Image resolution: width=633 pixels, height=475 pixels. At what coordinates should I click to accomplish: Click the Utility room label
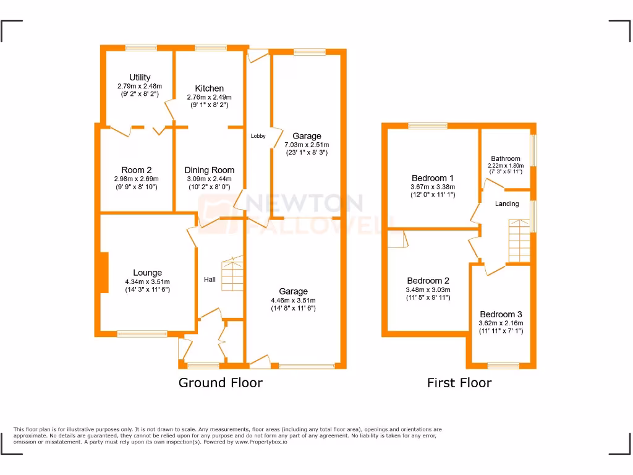click(x=139, y=77)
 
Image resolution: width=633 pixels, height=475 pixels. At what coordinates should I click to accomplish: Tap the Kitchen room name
click(x=209, y=88)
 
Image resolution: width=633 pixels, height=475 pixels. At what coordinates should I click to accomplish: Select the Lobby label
click(x=258, y=136)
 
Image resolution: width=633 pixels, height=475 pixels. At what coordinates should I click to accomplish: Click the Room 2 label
click(x=137, y=170)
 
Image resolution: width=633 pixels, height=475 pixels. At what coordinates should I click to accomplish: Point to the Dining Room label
click(x=210, y=170)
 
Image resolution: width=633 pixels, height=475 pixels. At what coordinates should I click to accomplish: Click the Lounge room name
click(x=147, y=273)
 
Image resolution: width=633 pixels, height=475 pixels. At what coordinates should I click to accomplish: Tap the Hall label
click(x=210, y=280)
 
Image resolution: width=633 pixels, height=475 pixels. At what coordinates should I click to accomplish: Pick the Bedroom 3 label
click(x=501, y=314)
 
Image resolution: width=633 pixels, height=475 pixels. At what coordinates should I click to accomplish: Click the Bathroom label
click(x=506, y=158)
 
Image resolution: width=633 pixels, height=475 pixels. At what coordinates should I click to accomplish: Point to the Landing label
click(x=507, y=203)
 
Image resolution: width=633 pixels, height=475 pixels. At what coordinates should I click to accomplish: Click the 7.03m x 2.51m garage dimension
click(x=307, y=144)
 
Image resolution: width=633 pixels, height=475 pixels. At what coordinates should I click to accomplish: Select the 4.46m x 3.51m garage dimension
click(x=293, y=300)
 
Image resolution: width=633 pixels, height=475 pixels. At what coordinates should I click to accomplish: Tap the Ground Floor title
click(x=220, y=383)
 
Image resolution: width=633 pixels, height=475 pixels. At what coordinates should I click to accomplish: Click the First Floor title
click(x=459, y=383)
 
